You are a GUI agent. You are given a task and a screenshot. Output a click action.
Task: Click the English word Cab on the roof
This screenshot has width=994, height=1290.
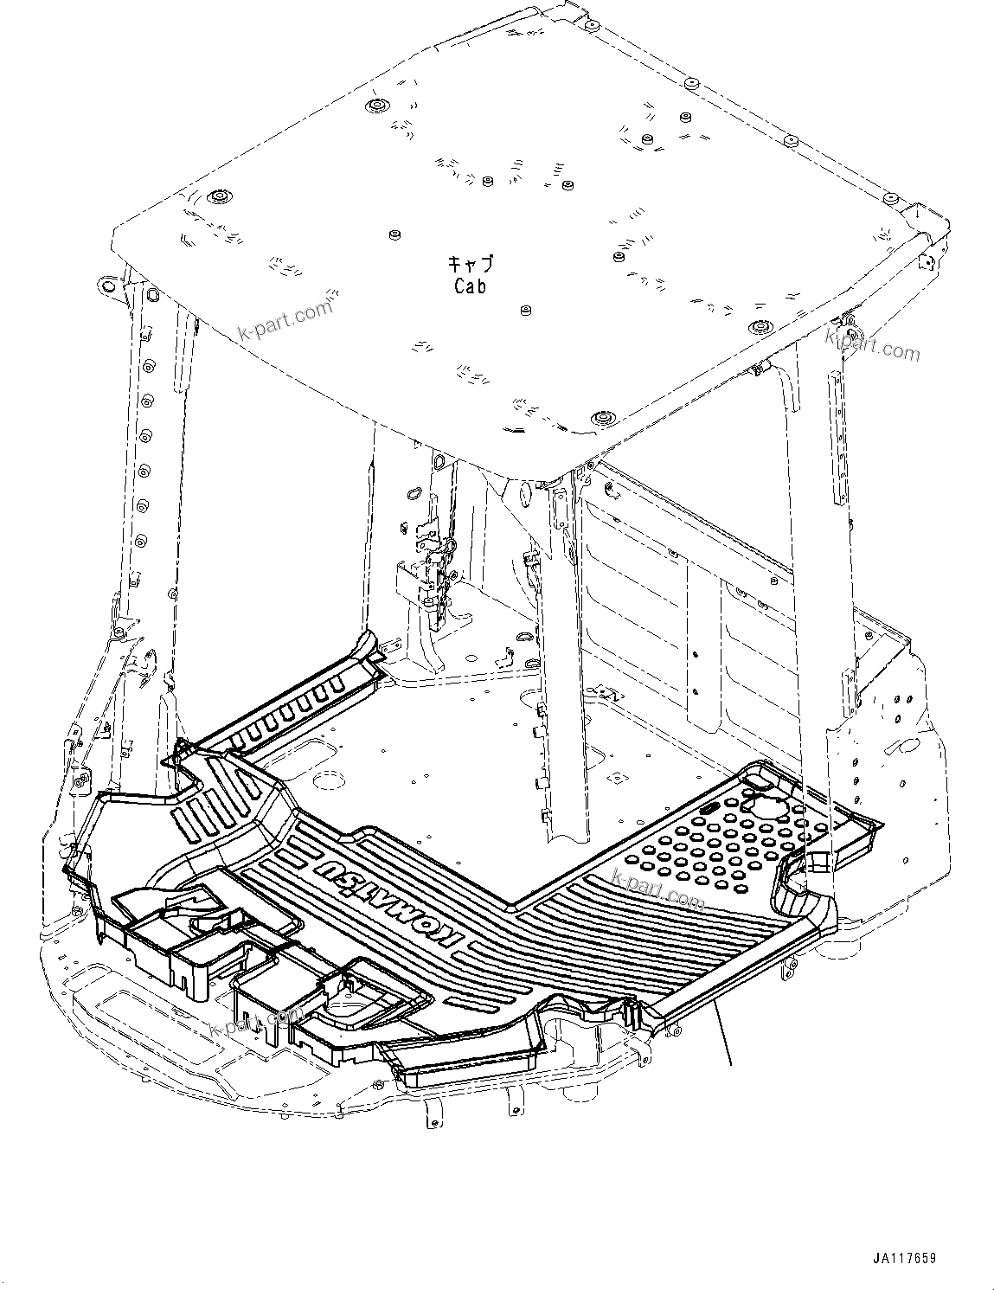470,286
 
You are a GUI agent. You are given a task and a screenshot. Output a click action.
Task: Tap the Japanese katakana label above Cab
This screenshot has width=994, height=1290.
470,263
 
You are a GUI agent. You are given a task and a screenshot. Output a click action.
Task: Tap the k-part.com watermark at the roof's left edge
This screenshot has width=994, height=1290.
286,320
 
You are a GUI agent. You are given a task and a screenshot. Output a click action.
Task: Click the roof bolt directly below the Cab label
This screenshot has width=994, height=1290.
525,309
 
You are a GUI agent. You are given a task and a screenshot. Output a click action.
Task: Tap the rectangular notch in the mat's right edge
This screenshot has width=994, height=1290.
817,862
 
